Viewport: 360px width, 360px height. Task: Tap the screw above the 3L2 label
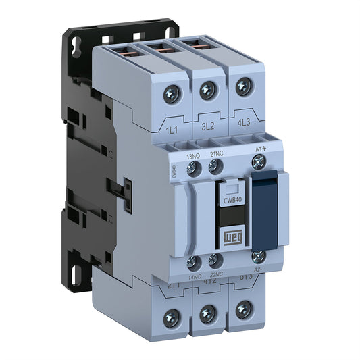pyautogui.click(x=208, y=88)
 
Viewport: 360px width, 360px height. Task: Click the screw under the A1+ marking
pyautogui.click(x=257, y=161)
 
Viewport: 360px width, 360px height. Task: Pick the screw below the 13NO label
pyautogui.click(x=194, y=170)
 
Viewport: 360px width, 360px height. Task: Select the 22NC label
pyautogui.click(x=217, y=275)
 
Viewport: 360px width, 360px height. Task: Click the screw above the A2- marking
pyautogui.click(x=257, y=256)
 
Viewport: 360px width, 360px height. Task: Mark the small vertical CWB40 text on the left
pyautogui.click(x=174, y=172)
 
